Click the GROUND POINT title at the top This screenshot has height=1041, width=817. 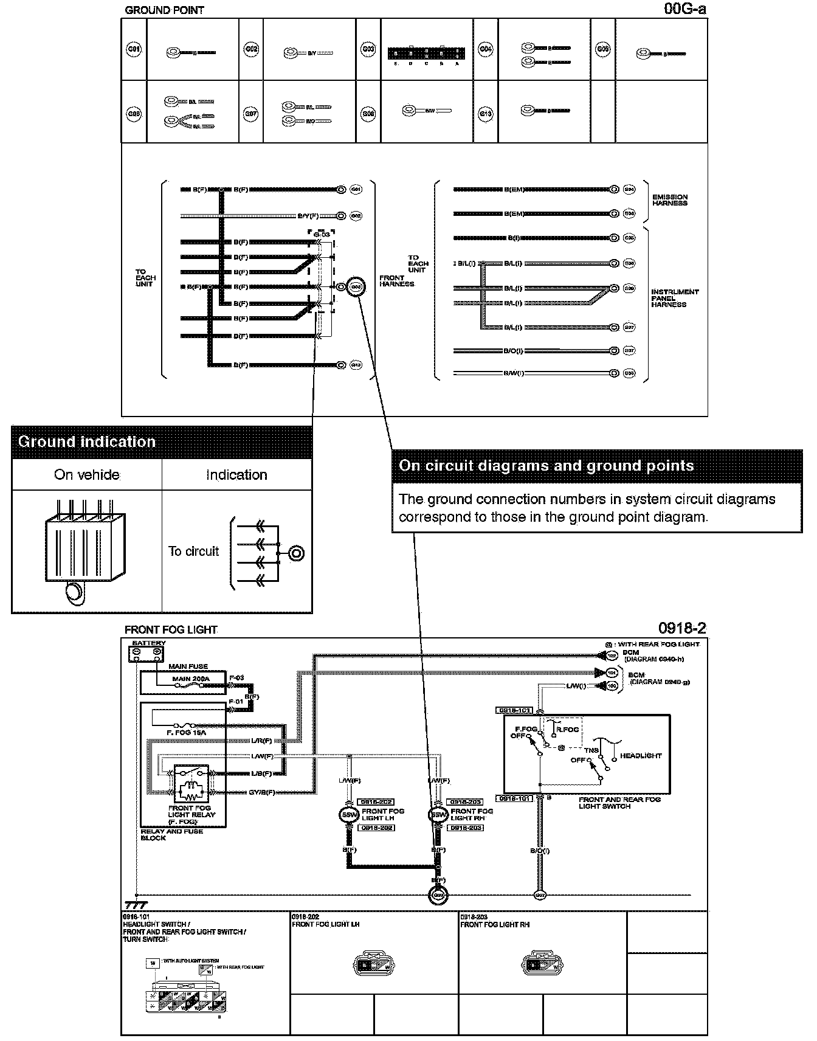pyautogui.click(x=164, y=10)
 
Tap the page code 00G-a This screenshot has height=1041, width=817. pyautogui.click(x=685, y=9)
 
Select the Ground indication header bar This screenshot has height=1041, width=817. pyautogui.click(x=162, y=442)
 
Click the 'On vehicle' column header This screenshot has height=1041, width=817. pyautogui.click(x=87, y=475)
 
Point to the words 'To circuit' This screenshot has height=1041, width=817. pyautogui.click(x=193, y=552)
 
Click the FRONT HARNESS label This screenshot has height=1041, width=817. pyautogui.click(x=396, y=281)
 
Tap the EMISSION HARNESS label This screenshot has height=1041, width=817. pyautogui.click(x=670, y=200)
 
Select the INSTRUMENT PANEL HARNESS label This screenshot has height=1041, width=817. pyautogui.click(x=675, y=298)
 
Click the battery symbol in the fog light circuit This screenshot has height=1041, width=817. pyautogui.click(x=147, y=654)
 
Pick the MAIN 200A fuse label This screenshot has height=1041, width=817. pyautogui.click(x=190, y=679)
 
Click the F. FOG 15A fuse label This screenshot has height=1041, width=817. pyautogui.click(x=186, y=733)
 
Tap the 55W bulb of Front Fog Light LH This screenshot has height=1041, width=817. pyautogui.click(x=349, y=815)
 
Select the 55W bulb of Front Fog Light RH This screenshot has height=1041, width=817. pyautogui.click(x=438, y=815)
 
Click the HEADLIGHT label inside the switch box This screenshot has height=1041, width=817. pyautogui.click(x=641, y=756)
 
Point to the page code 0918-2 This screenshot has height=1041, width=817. pyautogui.click(x=682, y=628)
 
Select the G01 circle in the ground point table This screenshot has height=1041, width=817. pyautogui.click(x=134, y=49)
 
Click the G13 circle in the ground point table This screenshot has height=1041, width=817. pyautogui.click(x=485, y=113)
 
